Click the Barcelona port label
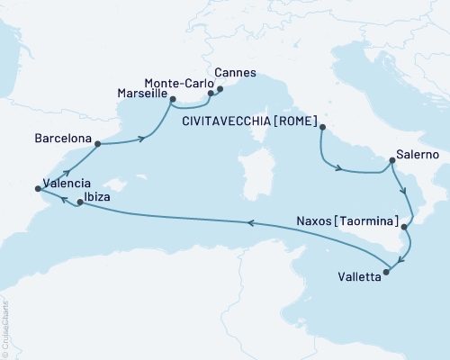pyautogui.click(x=62, y=139)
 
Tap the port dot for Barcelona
pyautogui.click(x=97, y=143)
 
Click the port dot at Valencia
pyautogui.click(x=37, y=188)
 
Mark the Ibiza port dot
pyautogui.click(x=80, y=202)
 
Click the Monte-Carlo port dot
pyautogui.click(x=211, y=92)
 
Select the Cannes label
pyautogui.click(x=237, y=73)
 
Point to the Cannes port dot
pyautogui.click(x=220, y=87)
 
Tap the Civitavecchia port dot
pyautogui.click(x=321, y=127)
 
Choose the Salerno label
pyautogui.click(x=418, y=155)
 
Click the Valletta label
pyautogui.click(x=358, y=278)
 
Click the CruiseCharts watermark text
pyautogui.click(x=27, y=354)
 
